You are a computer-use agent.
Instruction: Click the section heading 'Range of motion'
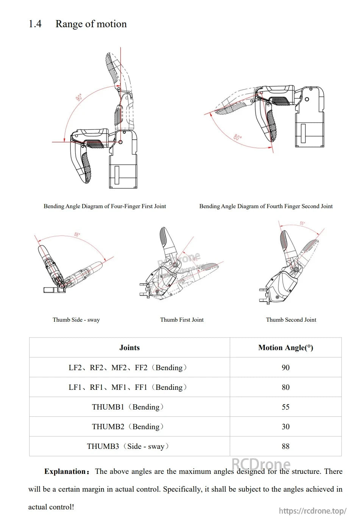pos(91,24)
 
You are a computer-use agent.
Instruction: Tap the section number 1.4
pos(35,24)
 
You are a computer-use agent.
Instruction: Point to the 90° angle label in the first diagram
pos(79,97)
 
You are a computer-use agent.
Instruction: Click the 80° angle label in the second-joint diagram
pos(237,137)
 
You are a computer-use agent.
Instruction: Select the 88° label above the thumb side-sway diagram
pos(77,235)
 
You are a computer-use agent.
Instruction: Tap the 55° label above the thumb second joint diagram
pos(302,223)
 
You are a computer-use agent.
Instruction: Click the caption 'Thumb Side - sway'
pos(76,320)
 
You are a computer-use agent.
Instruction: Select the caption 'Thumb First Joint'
pos(182,320)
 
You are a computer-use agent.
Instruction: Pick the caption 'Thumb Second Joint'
pos(291,320)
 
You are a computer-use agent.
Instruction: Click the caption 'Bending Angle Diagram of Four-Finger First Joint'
pos(104,206)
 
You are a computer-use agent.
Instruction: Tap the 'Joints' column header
pos(129,348)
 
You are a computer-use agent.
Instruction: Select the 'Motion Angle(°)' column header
pos(285,348)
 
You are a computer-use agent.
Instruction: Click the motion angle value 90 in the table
pos(285,368)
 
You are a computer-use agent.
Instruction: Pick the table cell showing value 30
pos(285,427)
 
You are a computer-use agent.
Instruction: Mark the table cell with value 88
pos(285,446)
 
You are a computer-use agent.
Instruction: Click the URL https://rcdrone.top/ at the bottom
pos(312,511)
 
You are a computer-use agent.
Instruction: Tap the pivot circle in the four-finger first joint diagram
pos(120,142)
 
